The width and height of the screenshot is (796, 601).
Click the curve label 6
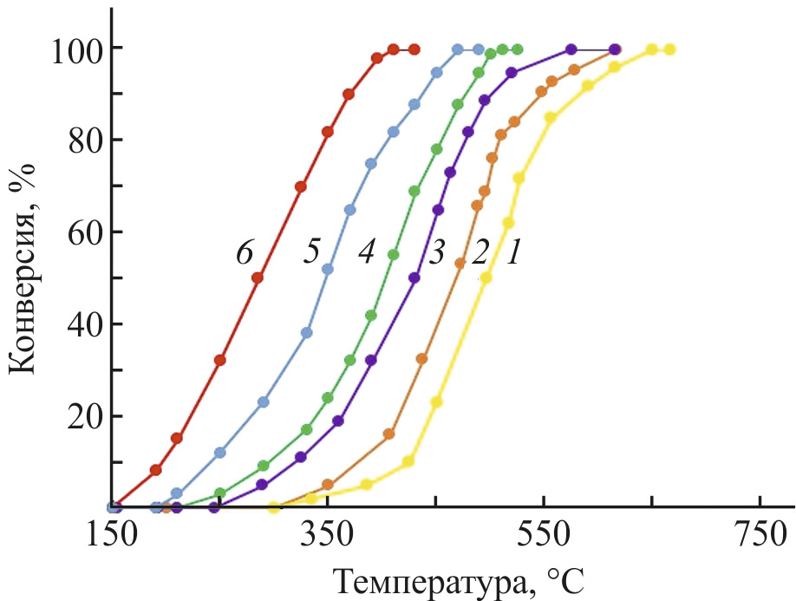244,252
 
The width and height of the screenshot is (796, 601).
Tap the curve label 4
366,252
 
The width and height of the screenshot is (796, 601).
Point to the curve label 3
436,252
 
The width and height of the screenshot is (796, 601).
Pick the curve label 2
478,252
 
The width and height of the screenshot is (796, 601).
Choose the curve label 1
513,252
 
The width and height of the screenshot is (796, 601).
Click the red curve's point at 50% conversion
258,278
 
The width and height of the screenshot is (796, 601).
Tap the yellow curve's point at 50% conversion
486,278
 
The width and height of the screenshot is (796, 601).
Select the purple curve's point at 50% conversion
414,278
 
